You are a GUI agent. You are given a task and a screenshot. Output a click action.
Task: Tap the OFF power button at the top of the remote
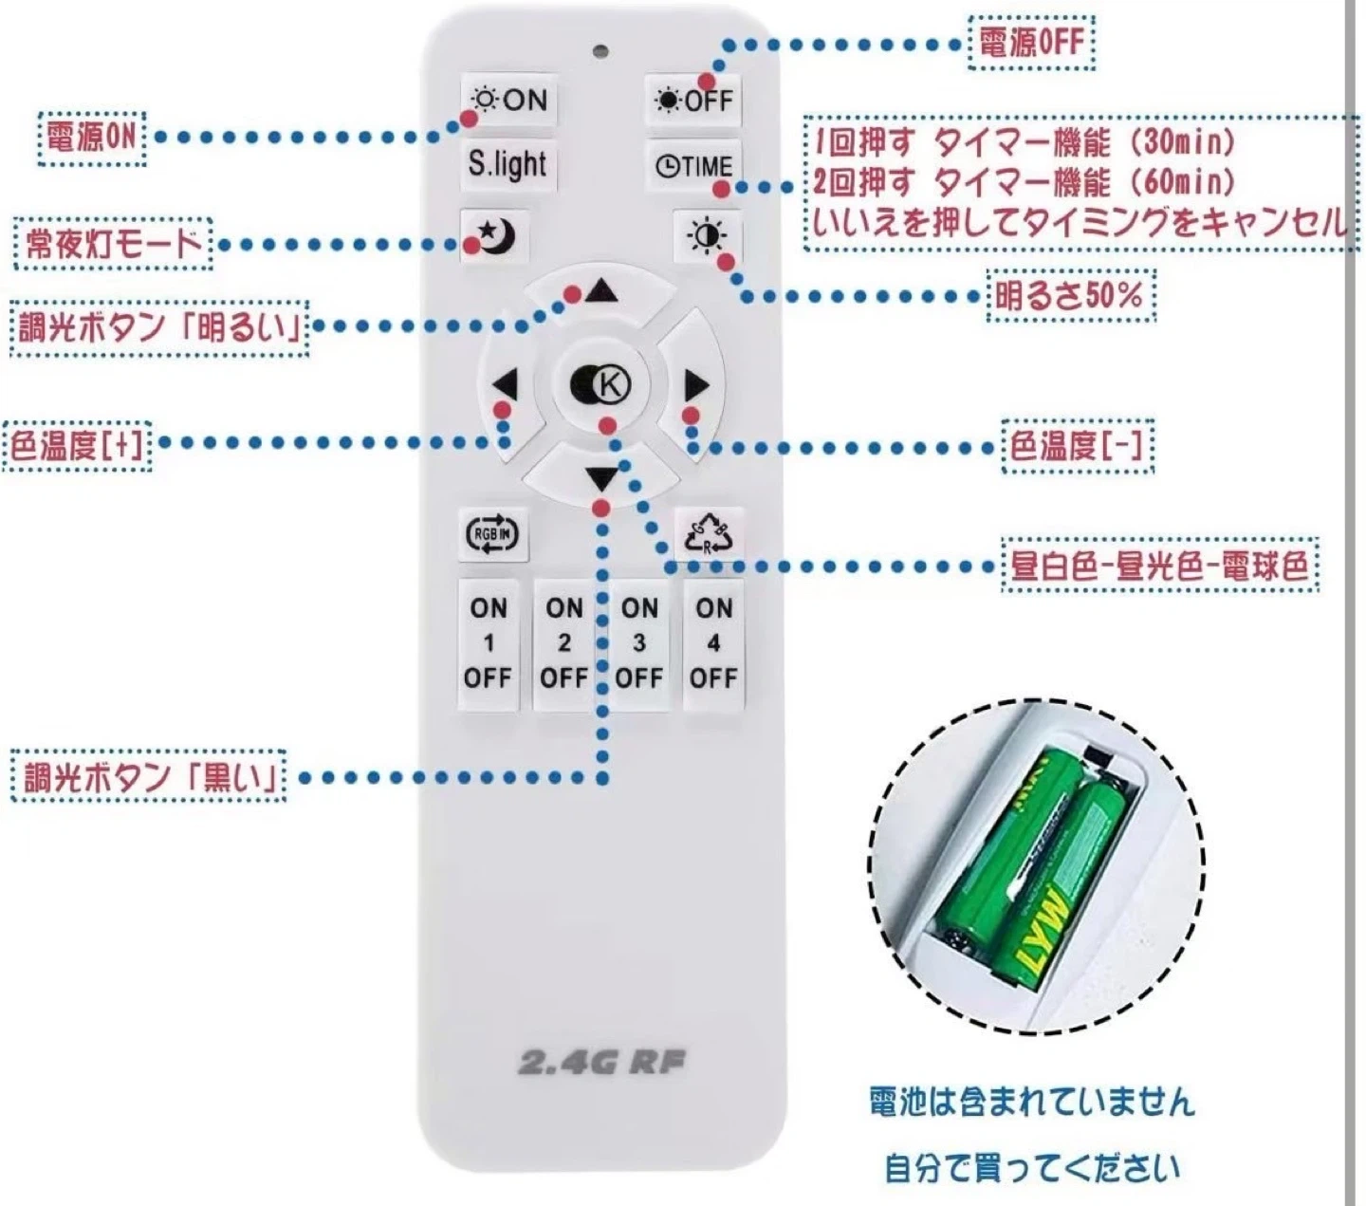coord(694,100)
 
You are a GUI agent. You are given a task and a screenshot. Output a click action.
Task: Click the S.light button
coord(508,164)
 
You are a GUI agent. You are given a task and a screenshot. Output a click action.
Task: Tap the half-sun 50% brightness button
coord(707,236)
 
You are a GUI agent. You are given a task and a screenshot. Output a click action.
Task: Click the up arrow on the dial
coord(601,291)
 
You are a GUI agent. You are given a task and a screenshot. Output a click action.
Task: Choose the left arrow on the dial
coord(506,386)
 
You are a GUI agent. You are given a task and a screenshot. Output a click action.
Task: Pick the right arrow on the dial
coord(696,385)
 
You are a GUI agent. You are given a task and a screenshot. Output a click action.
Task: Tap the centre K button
coord(601,384)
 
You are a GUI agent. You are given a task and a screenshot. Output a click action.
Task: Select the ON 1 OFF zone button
coord(489,643)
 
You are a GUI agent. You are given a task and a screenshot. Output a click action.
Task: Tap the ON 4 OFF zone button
coord(713,643)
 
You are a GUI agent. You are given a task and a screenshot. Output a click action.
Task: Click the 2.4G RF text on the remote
coord(601,1062)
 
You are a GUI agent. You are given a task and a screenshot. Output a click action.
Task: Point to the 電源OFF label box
coord(1031,43)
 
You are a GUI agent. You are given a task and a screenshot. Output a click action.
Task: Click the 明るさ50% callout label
coord(1069,296)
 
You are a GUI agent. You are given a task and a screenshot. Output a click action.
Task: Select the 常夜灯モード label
coord(113,244)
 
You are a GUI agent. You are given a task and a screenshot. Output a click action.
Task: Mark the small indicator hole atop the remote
coord(600,51)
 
